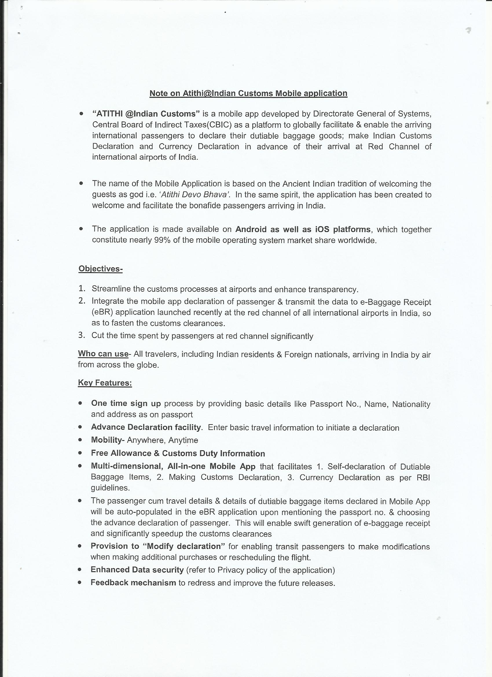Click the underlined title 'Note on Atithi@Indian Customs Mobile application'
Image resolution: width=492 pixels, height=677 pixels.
pos(248,94)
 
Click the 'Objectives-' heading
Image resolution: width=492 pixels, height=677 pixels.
pos(100,269)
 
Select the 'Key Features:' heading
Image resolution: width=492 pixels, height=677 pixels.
pos(105,383)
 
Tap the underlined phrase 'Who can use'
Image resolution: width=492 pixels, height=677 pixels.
pos(103,354)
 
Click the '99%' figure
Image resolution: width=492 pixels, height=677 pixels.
pos(162,240)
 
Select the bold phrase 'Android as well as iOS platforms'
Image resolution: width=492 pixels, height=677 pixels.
pos(303,229)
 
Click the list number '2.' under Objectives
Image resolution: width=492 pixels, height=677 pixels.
pos(82,301)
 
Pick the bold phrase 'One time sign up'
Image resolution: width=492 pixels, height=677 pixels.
pos(126,404)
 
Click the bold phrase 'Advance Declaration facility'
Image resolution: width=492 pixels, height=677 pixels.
pos(146,427)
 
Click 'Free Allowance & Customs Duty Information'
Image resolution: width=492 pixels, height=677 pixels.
pos(178,453)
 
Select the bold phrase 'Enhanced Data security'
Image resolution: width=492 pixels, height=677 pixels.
pos(137,570)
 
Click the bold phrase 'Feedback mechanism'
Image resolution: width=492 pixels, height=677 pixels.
pos(133,583)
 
